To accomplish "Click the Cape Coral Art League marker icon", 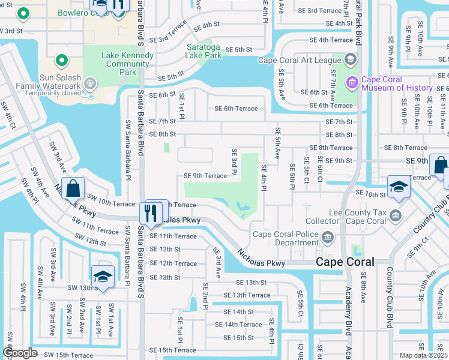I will [x=350, y=59].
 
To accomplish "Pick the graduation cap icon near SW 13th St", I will [x=103, y=277].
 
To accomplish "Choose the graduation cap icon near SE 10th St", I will [x=398, y=187].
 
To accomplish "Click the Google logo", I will [x=20, y=353].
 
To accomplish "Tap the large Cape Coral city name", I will [x=345, y=262].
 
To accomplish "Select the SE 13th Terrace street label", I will [x=247, y=295].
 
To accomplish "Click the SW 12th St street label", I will [x=88, y=241].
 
